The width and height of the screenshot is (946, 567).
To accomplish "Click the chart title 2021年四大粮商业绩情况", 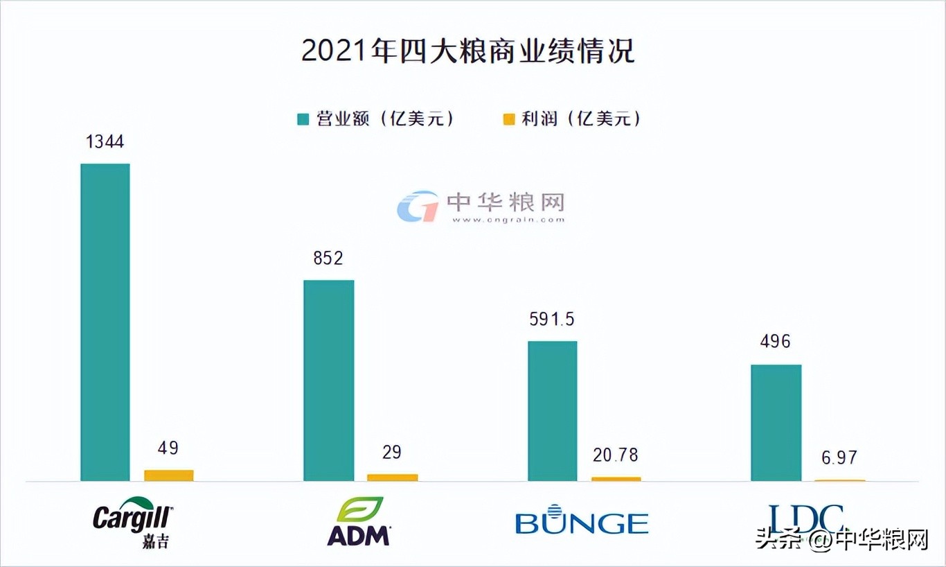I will [468, 51].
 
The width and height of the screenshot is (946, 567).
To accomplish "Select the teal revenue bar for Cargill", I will [105, 322].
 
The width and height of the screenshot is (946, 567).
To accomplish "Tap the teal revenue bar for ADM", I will [328, 380].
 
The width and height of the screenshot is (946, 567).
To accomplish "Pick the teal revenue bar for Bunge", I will [552, 410].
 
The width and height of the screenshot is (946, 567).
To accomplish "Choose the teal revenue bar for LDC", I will [776, 422].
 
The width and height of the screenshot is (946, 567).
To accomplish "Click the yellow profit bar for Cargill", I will [169, 475].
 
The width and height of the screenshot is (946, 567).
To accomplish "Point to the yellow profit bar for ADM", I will [392, 477].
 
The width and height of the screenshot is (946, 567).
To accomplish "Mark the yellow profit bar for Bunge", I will [616, 478].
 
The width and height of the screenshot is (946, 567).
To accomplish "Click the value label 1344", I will [105, 141].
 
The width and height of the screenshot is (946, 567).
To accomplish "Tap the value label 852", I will [328, 259].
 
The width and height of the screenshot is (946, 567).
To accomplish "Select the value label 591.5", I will [552, 320].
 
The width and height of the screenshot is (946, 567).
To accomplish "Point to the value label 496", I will [775, 342].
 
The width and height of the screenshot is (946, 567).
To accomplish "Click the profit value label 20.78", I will [616, 455].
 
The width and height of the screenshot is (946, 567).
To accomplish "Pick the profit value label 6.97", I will [839, 457].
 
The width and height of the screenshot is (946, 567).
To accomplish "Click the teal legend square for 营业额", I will [303, 119].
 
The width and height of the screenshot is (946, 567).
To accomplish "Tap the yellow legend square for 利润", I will [508, 119].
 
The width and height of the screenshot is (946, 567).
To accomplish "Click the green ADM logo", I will [358, 521].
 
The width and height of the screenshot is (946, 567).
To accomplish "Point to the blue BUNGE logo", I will [582, 521].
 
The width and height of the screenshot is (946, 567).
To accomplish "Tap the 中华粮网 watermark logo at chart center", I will [481, 206].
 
